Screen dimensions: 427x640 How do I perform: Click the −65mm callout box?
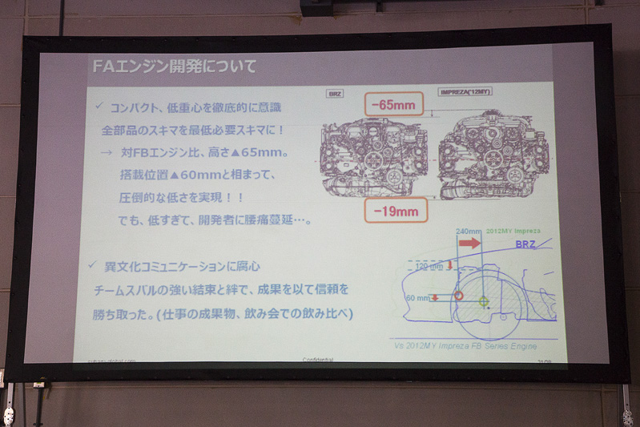392,104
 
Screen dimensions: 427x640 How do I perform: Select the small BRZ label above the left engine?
334,94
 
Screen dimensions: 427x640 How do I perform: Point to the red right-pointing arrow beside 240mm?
470,242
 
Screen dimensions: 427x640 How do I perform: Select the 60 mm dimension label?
417,297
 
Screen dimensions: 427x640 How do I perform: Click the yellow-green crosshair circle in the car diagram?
483,301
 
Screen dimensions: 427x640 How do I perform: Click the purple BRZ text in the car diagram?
525,244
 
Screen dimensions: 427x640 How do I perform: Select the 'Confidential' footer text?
318,360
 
